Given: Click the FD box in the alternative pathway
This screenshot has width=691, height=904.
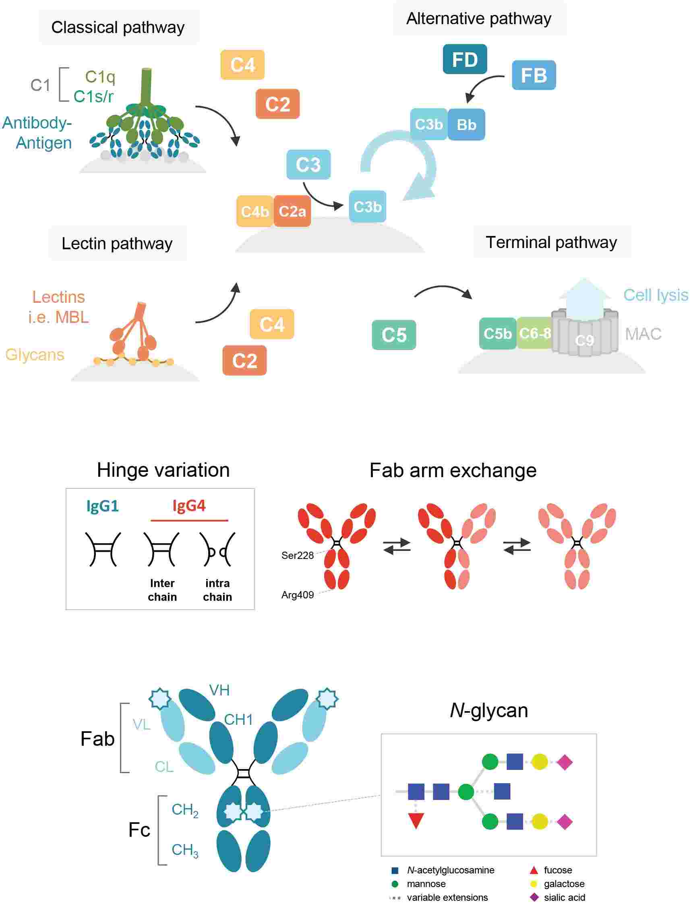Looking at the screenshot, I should (465, 59).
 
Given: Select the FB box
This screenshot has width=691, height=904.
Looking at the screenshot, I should (534, 75).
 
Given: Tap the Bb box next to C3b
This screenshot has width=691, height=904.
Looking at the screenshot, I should (466, 124).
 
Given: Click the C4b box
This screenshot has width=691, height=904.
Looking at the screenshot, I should (254, 211).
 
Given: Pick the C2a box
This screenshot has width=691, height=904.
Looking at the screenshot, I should (292, 211).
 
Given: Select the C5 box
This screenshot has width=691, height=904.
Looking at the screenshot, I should (394, 335).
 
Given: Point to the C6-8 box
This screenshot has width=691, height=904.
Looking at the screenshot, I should (534, 333).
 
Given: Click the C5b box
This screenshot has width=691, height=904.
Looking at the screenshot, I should (497, 333).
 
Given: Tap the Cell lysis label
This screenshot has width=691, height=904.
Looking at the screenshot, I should (655, 295).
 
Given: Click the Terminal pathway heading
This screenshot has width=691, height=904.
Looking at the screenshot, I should (551, 242).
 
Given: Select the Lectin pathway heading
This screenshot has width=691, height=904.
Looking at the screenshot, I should (117, 244).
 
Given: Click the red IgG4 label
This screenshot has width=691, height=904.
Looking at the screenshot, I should (189, 505).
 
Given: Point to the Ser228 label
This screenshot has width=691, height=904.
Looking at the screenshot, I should (297, 555).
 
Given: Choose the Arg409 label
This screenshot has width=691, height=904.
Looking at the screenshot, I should (297, 595).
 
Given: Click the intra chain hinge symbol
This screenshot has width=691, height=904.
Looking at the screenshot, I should (217, 550).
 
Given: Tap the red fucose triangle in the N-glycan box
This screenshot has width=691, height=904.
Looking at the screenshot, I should (416, 821).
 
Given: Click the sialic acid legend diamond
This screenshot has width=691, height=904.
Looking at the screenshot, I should (534, 897).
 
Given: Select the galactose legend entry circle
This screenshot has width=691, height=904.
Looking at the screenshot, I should (534, 883).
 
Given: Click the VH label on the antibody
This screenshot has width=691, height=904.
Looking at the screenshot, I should (219, 690).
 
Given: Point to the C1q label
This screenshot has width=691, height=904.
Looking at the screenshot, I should (100, 77).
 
